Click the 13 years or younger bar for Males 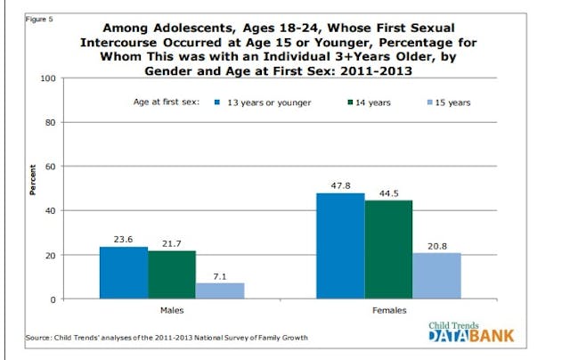click(x=123, y=273)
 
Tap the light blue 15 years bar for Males click(x=220, y=290)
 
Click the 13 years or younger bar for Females click(x=339, y=246)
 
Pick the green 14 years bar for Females click(x=388, y=250)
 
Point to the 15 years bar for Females click(x=436, y=275)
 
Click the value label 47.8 click(x=339, y=184)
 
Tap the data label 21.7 click(x=172, y=243)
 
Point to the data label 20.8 click(x=436, y=245)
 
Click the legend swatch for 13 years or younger click(x=217, y=103)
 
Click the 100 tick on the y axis click(x=46, y=79)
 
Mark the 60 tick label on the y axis click(x=49, y=167)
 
